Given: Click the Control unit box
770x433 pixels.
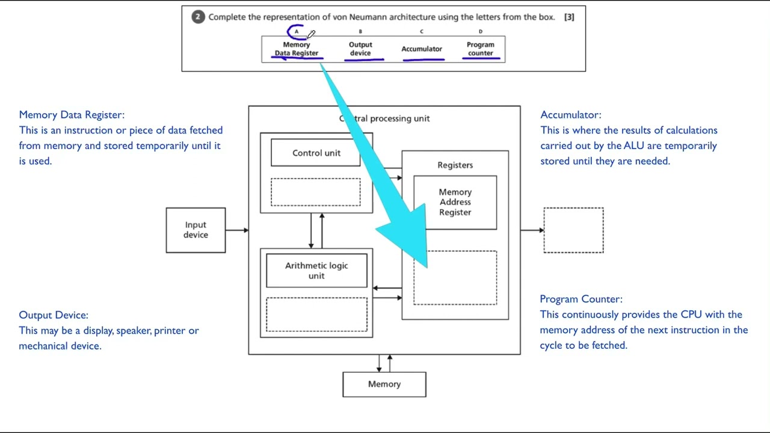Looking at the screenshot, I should tap(316, 153).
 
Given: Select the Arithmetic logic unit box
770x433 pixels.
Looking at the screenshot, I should tap(316, 271).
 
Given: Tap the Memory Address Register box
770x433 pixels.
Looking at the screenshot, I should tap(455, 202).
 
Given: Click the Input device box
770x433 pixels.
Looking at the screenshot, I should tap(196, 230).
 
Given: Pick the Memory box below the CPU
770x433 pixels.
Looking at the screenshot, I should tap(384, 384).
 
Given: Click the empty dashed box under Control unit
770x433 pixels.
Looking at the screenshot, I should tap(316, 192).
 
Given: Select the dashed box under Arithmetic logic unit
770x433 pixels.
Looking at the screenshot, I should tap(316, 315).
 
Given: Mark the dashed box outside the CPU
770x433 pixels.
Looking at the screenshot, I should tap(573, 230).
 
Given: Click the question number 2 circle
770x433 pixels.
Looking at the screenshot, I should tap(198, 17).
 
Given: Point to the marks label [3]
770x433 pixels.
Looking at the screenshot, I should tap(569, 17).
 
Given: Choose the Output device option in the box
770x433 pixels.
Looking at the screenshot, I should tap(360, 49).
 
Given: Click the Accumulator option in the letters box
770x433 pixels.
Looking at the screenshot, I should tap(422, 49).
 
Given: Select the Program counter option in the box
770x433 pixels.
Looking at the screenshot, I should tap(481, 49).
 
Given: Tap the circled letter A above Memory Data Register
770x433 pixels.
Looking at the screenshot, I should tap(296, 32).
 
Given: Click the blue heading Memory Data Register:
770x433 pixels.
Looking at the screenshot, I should tap(72, 115).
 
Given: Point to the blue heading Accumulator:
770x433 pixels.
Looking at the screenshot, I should tap(570, 115).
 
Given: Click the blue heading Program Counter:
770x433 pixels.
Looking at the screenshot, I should tap(581, 299).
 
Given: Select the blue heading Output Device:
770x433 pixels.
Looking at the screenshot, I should tap(54, 315).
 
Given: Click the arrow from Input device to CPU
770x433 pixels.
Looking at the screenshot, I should tap(237, 230).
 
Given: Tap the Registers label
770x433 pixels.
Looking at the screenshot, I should tap(455, 165).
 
